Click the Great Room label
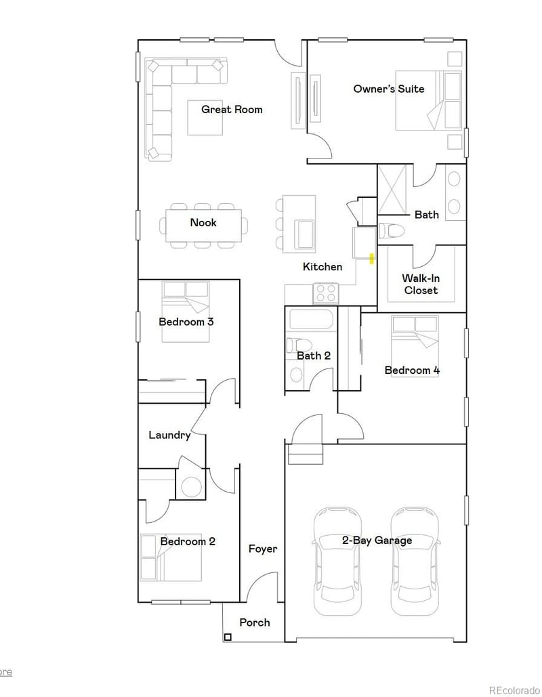[232, 109]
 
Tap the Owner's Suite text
[389, 89]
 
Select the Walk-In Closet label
[421, 284]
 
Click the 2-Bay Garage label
[377, 541]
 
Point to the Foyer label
[262, 549]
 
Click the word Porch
[255, 622]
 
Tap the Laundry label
[169, 435]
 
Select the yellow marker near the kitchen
[371, 258]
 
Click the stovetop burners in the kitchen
[326, 293]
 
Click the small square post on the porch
[228, 637]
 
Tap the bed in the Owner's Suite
[429, 100]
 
